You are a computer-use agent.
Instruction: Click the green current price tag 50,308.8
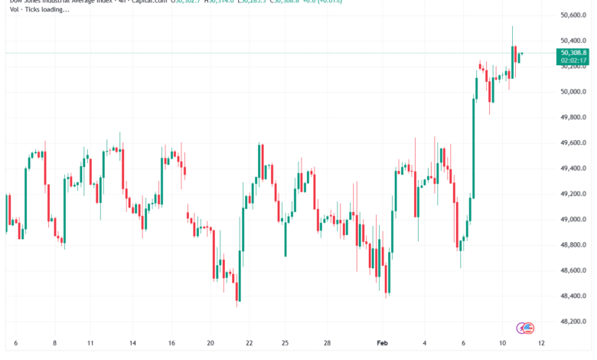tap(573, 53)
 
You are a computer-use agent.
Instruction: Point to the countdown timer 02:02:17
tap(573, 60)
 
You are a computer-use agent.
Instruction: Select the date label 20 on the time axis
tap(210, 342)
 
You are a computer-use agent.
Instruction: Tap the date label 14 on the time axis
tap(132, 342)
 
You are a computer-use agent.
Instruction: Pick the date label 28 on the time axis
tap(327, 342)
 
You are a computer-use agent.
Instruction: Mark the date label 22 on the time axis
tap(249, 342)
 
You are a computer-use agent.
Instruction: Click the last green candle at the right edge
tap(520, 56)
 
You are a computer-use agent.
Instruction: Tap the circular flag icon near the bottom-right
tap(525, 328)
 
